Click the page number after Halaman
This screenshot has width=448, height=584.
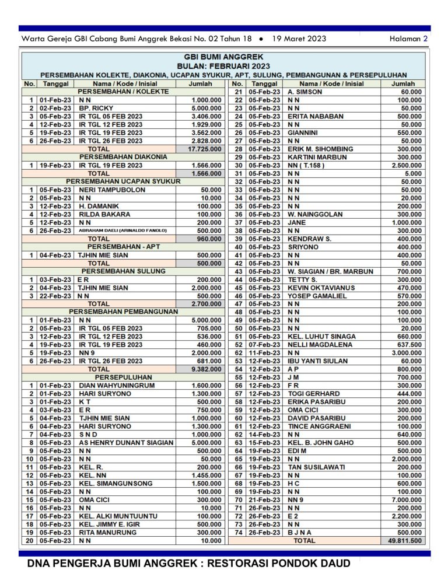tap(425, 39)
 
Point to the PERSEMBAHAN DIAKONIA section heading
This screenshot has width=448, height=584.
tap(123, 157)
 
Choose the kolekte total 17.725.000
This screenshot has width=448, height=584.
tap(205, 149)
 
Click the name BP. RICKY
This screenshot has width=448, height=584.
tap(93, 108)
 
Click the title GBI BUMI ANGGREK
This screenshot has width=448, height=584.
tap(224, 57)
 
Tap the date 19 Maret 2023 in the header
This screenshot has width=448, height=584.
tap(299, 39)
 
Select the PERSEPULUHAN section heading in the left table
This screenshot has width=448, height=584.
tap(123, 377)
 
